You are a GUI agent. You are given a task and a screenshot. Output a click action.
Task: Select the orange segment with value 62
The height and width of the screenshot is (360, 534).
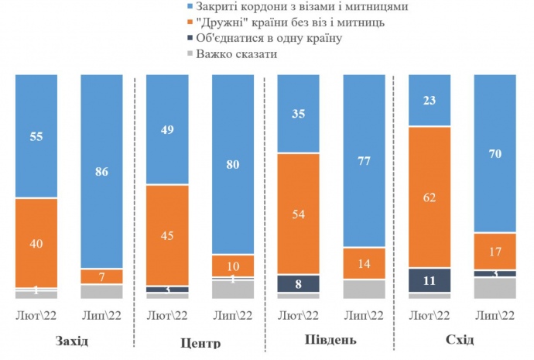[x=430, y=197]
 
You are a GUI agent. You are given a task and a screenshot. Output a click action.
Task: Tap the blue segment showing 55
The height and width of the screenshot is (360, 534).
[x=36, y=135]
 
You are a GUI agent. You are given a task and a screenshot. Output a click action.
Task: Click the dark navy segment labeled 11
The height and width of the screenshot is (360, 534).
[x=430, y=279]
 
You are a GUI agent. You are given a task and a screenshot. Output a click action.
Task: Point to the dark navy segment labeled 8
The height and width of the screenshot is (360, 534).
[x=298, y=283]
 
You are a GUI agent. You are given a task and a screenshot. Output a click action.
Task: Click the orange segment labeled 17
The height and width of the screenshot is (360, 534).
[x=495, y=251]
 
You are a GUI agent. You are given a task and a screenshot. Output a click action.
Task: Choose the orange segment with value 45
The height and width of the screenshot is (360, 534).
[x=167, y=235]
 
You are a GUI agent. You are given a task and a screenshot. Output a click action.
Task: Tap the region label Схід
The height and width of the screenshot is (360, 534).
[x=460, y=341]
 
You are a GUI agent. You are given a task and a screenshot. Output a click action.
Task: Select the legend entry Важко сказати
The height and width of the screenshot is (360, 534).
[x=235, y=53]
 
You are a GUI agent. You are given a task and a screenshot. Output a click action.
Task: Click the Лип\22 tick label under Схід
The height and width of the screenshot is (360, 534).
[x=495, y=315]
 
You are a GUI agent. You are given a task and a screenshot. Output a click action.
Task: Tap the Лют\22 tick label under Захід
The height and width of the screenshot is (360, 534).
[x=36, y=315]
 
